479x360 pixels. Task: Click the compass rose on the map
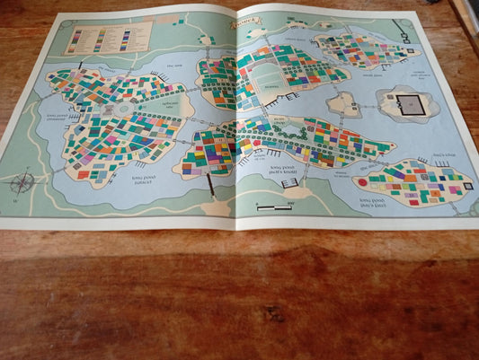pos(23,182)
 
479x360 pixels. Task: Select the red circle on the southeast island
pos(363,181)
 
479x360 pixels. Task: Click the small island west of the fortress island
pos(343,104)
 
